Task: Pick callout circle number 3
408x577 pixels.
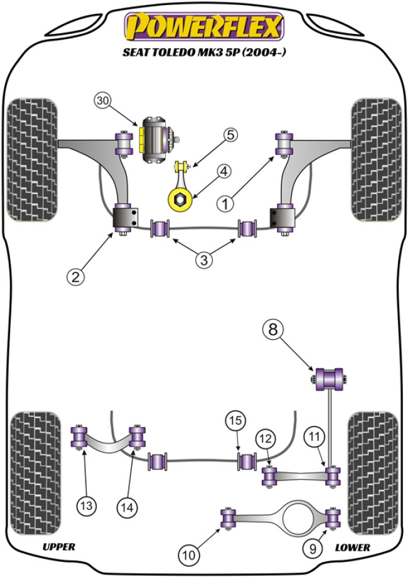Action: point(203,259)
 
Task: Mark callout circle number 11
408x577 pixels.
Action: point(313,436)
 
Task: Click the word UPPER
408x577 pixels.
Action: point(59,547)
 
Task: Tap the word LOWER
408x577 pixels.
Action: point(352,547)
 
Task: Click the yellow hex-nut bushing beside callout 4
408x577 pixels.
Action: point(178,200)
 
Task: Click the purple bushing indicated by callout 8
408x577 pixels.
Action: point(330,377)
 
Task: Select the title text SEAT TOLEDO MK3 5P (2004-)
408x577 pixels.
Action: point(203,53)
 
